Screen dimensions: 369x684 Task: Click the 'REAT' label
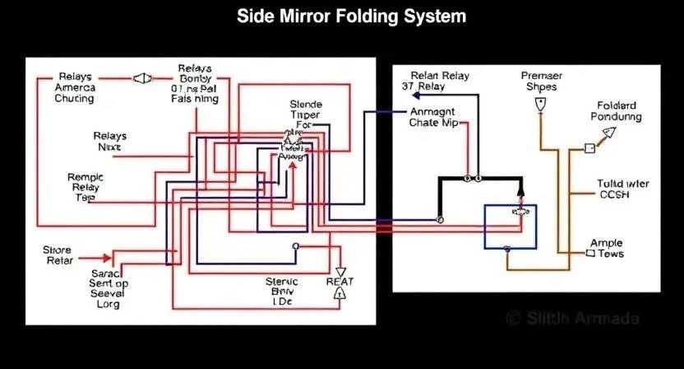340,281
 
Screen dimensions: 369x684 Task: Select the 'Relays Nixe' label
109,141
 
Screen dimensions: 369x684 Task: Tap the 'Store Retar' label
58,255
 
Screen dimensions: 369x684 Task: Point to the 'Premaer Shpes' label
541,82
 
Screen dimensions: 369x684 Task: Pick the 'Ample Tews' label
608,249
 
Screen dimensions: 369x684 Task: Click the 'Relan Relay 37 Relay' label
439,81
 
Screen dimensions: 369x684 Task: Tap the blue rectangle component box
510,227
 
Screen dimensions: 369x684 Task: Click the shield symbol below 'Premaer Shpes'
540,105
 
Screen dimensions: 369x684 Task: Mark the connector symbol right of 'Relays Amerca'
142,78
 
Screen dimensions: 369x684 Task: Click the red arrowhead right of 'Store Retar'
108,257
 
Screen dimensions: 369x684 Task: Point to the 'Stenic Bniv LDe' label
282,292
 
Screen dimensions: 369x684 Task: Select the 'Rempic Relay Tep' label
85,187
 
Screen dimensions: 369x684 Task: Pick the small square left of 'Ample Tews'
589,255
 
